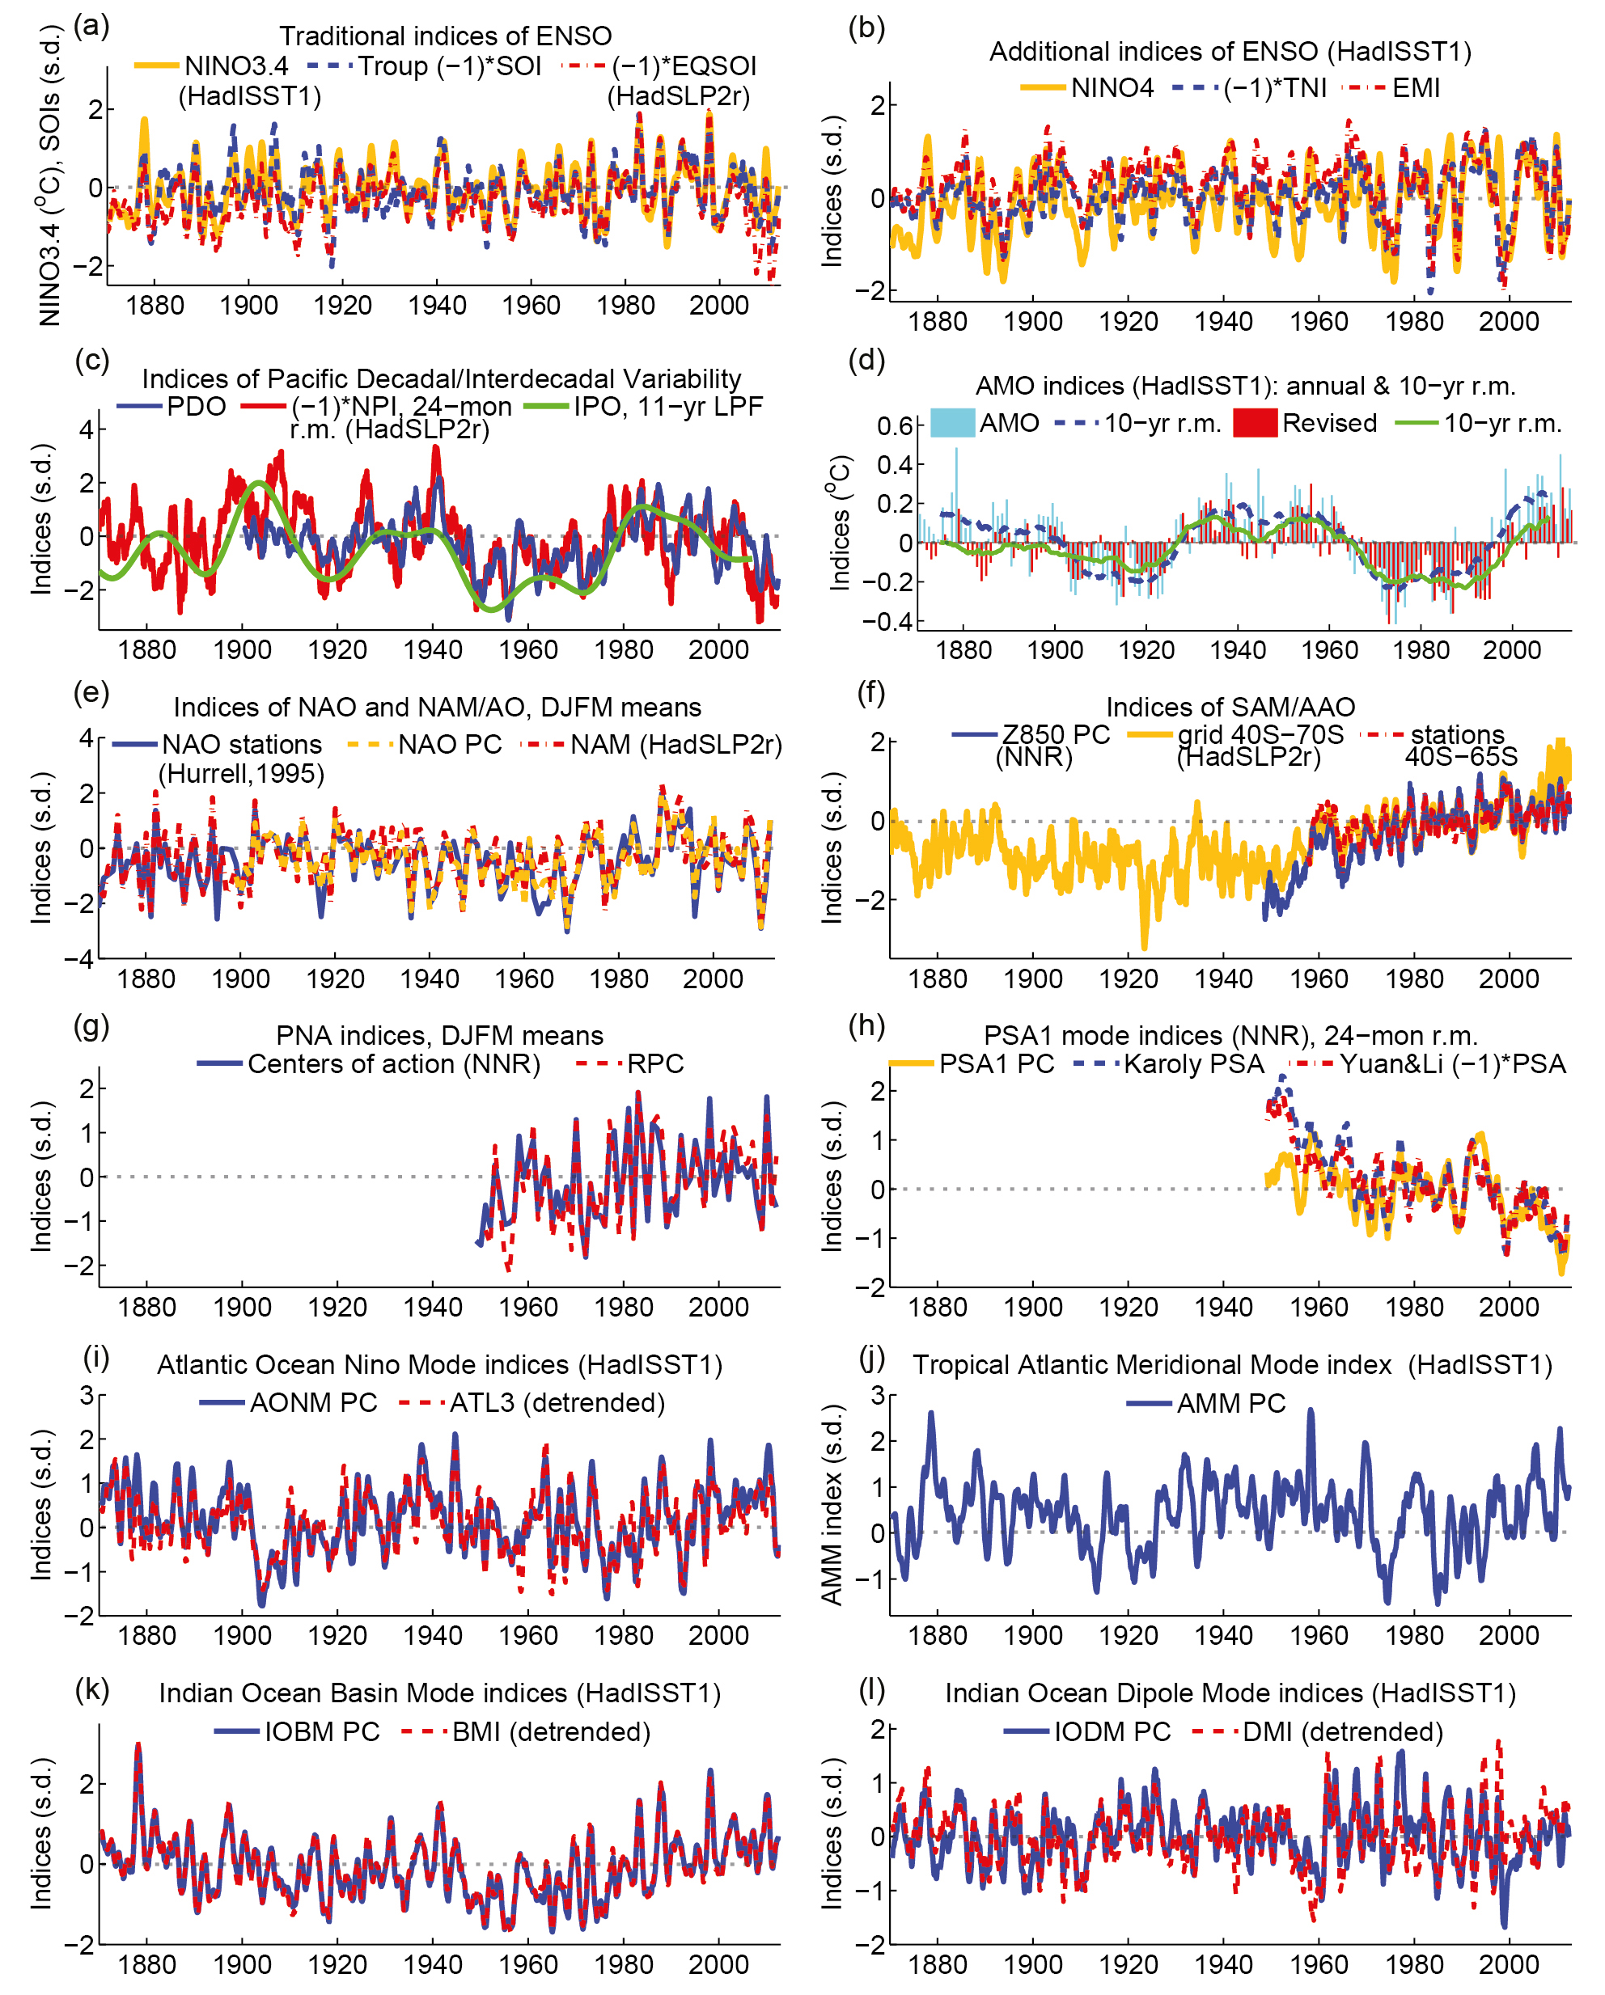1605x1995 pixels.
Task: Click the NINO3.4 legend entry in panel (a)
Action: (x=236, y=66)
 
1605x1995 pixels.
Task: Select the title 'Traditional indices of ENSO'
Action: (x=445, y=36)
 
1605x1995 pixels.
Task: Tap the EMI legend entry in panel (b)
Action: (x=1415, y=88)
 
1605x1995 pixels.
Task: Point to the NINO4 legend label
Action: (x=1112, y=88)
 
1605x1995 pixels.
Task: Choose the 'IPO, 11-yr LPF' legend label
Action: (x=667, y=406)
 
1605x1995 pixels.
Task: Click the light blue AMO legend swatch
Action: (x=951, y=423)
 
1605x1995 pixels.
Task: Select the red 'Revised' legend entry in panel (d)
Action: (x=1329, y=423)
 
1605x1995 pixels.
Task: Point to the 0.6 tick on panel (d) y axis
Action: (x=895, y=425)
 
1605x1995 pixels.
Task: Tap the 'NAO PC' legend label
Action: (x=450, y=744)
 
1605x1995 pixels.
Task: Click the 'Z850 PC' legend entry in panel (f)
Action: (x=1055, y=735)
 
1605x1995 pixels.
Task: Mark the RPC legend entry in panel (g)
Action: (x=655, y=1064)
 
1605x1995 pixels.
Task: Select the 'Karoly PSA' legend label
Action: (x=1193, y=1064)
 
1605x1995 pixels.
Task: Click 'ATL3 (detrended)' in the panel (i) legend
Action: (x=557, y=1403)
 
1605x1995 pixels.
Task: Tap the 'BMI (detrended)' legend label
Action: (x=551, y=1732)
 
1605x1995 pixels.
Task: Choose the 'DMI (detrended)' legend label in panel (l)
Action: (x=1342, y=1732)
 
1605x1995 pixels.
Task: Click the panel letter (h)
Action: (x=866, y=1025)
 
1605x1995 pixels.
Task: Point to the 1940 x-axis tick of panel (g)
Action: (x=432, y=1308)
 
